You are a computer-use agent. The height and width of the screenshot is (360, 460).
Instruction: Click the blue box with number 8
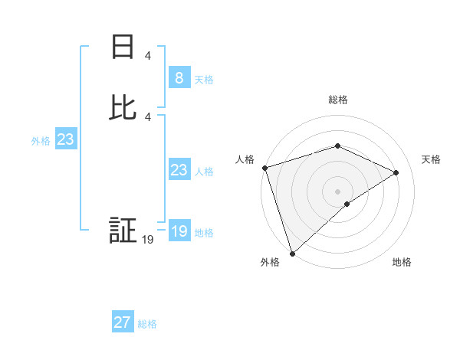click(179, 77)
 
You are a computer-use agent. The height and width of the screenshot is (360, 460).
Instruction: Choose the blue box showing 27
click(123, 322)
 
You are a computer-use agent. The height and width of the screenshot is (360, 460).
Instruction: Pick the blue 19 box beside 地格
click(179, 231)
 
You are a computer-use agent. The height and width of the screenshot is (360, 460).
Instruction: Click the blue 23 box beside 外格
click(65, 139)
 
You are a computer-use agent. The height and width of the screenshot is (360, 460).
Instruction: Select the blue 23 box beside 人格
click(179, 170)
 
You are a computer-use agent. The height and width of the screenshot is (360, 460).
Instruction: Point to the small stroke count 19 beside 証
click(148, 240)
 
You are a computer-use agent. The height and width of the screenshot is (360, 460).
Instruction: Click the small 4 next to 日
click(148, 55)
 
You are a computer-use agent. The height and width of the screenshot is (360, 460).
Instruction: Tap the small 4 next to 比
click(148, 116)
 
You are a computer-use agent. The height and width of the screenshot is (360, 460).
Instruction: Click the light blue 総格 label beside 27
click(147, 324)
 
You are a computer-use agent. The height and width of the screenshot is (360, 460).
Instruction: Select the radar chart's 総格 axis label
click(338, 100)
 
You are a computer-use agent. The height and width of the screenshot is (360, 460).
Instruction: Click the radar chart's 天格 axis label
click(431, 159)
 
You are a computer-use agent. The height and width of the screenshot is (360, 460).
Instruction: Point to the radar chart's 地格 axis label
click(402, 262)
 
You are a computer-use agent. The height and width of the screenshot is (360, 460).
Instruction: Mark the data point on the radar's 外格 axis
click(291, 253)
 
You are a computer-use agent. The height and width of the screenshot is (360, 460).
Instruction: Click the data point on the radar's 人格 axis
click(264, 167)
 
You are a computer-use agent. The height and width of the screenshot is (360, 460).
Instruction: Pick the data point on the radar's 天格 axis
click(396, 172)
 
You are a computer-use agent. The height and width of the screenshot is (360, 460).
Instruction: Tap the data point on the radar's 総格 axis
click(337, 146)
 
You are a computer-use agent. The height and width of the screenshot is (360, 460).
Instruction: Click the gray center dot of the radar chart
click(337, 191)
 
